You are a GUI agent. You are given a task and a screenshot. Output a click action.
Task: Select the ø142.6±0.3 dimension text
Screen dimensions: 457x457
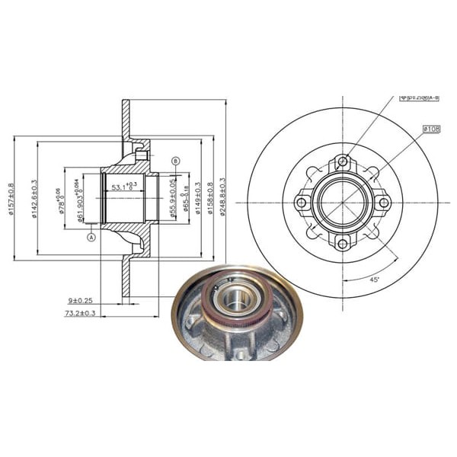tap(35, 199)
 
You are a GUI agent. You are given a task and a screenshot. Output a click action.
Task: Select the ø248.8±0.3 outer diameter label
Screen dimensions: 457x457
tap(222, 199)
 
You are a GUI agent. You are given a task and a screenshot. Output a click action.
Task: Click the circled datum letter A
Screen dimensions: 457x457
tap(92, 237)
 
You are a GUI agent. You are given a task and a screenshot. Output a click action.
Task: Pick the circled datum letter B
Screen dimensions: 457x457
tap(176, 161)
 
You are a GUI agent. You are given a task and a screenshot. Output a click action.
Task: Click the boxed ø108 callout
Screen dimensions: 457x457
tap(432, 129)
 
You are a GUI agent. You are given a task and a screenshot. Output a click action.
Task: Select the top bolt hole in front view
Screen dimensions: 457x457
tap(343, 161)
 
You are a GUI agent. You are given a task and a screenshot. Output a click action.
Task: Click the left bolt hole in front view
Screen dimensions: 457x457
tap(302, 203)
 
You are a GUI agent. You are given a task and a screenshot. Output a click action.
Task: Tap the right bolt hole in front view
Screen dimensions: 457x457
tap(384, 203)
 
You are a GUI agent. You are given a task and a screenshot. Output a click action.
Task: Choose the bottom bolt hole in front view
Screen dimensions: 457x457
tap(343, 244)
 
